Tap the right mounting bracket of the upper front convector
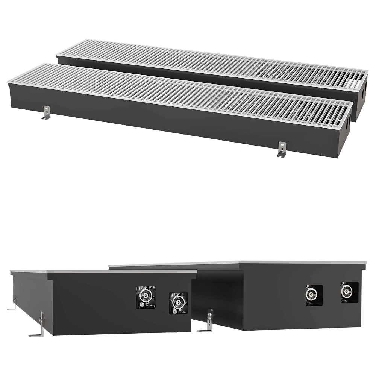pos(281,149)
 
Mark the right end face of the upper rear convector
pos(362,94)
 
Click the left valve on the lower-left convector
pos(146,297)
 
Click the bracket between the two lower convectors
pos(209,321)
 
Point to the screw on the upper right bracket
pos(281,144)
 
